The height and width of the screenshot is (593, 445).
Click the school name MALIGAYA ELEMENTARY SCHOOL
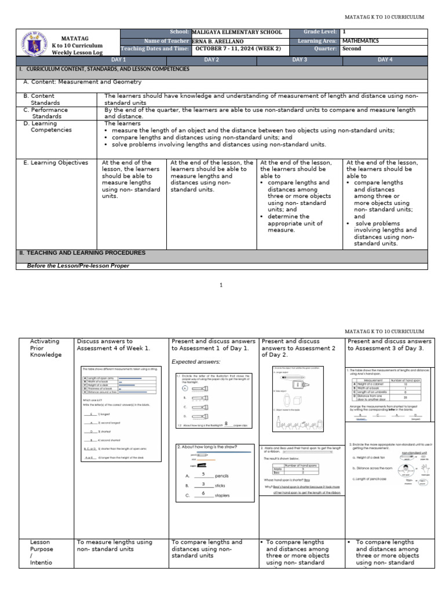[237, 32]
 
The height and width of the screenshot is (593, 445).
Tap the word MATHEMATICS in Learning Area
[360, 41]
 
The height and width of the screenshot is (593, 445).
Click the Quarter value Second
[352, 49]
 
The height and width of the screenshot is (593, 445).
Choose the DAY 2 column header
[211, 60]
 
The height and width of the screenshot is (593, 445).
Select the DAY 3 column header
[299, 60]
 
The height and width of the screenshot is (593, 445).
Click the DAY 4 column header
[385, 60]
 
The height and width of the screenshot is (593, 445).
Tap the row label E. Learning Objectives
[56, 163]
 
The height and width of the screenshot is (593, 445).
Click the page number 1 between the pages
[222, 285]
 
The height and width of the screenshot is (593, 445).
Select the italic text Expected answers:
[195, 362]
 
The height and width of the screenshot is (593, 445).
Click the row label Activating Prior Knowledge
[45, 348]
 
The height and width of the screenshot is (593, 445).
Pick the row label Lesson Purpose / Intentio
[41, 552]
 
